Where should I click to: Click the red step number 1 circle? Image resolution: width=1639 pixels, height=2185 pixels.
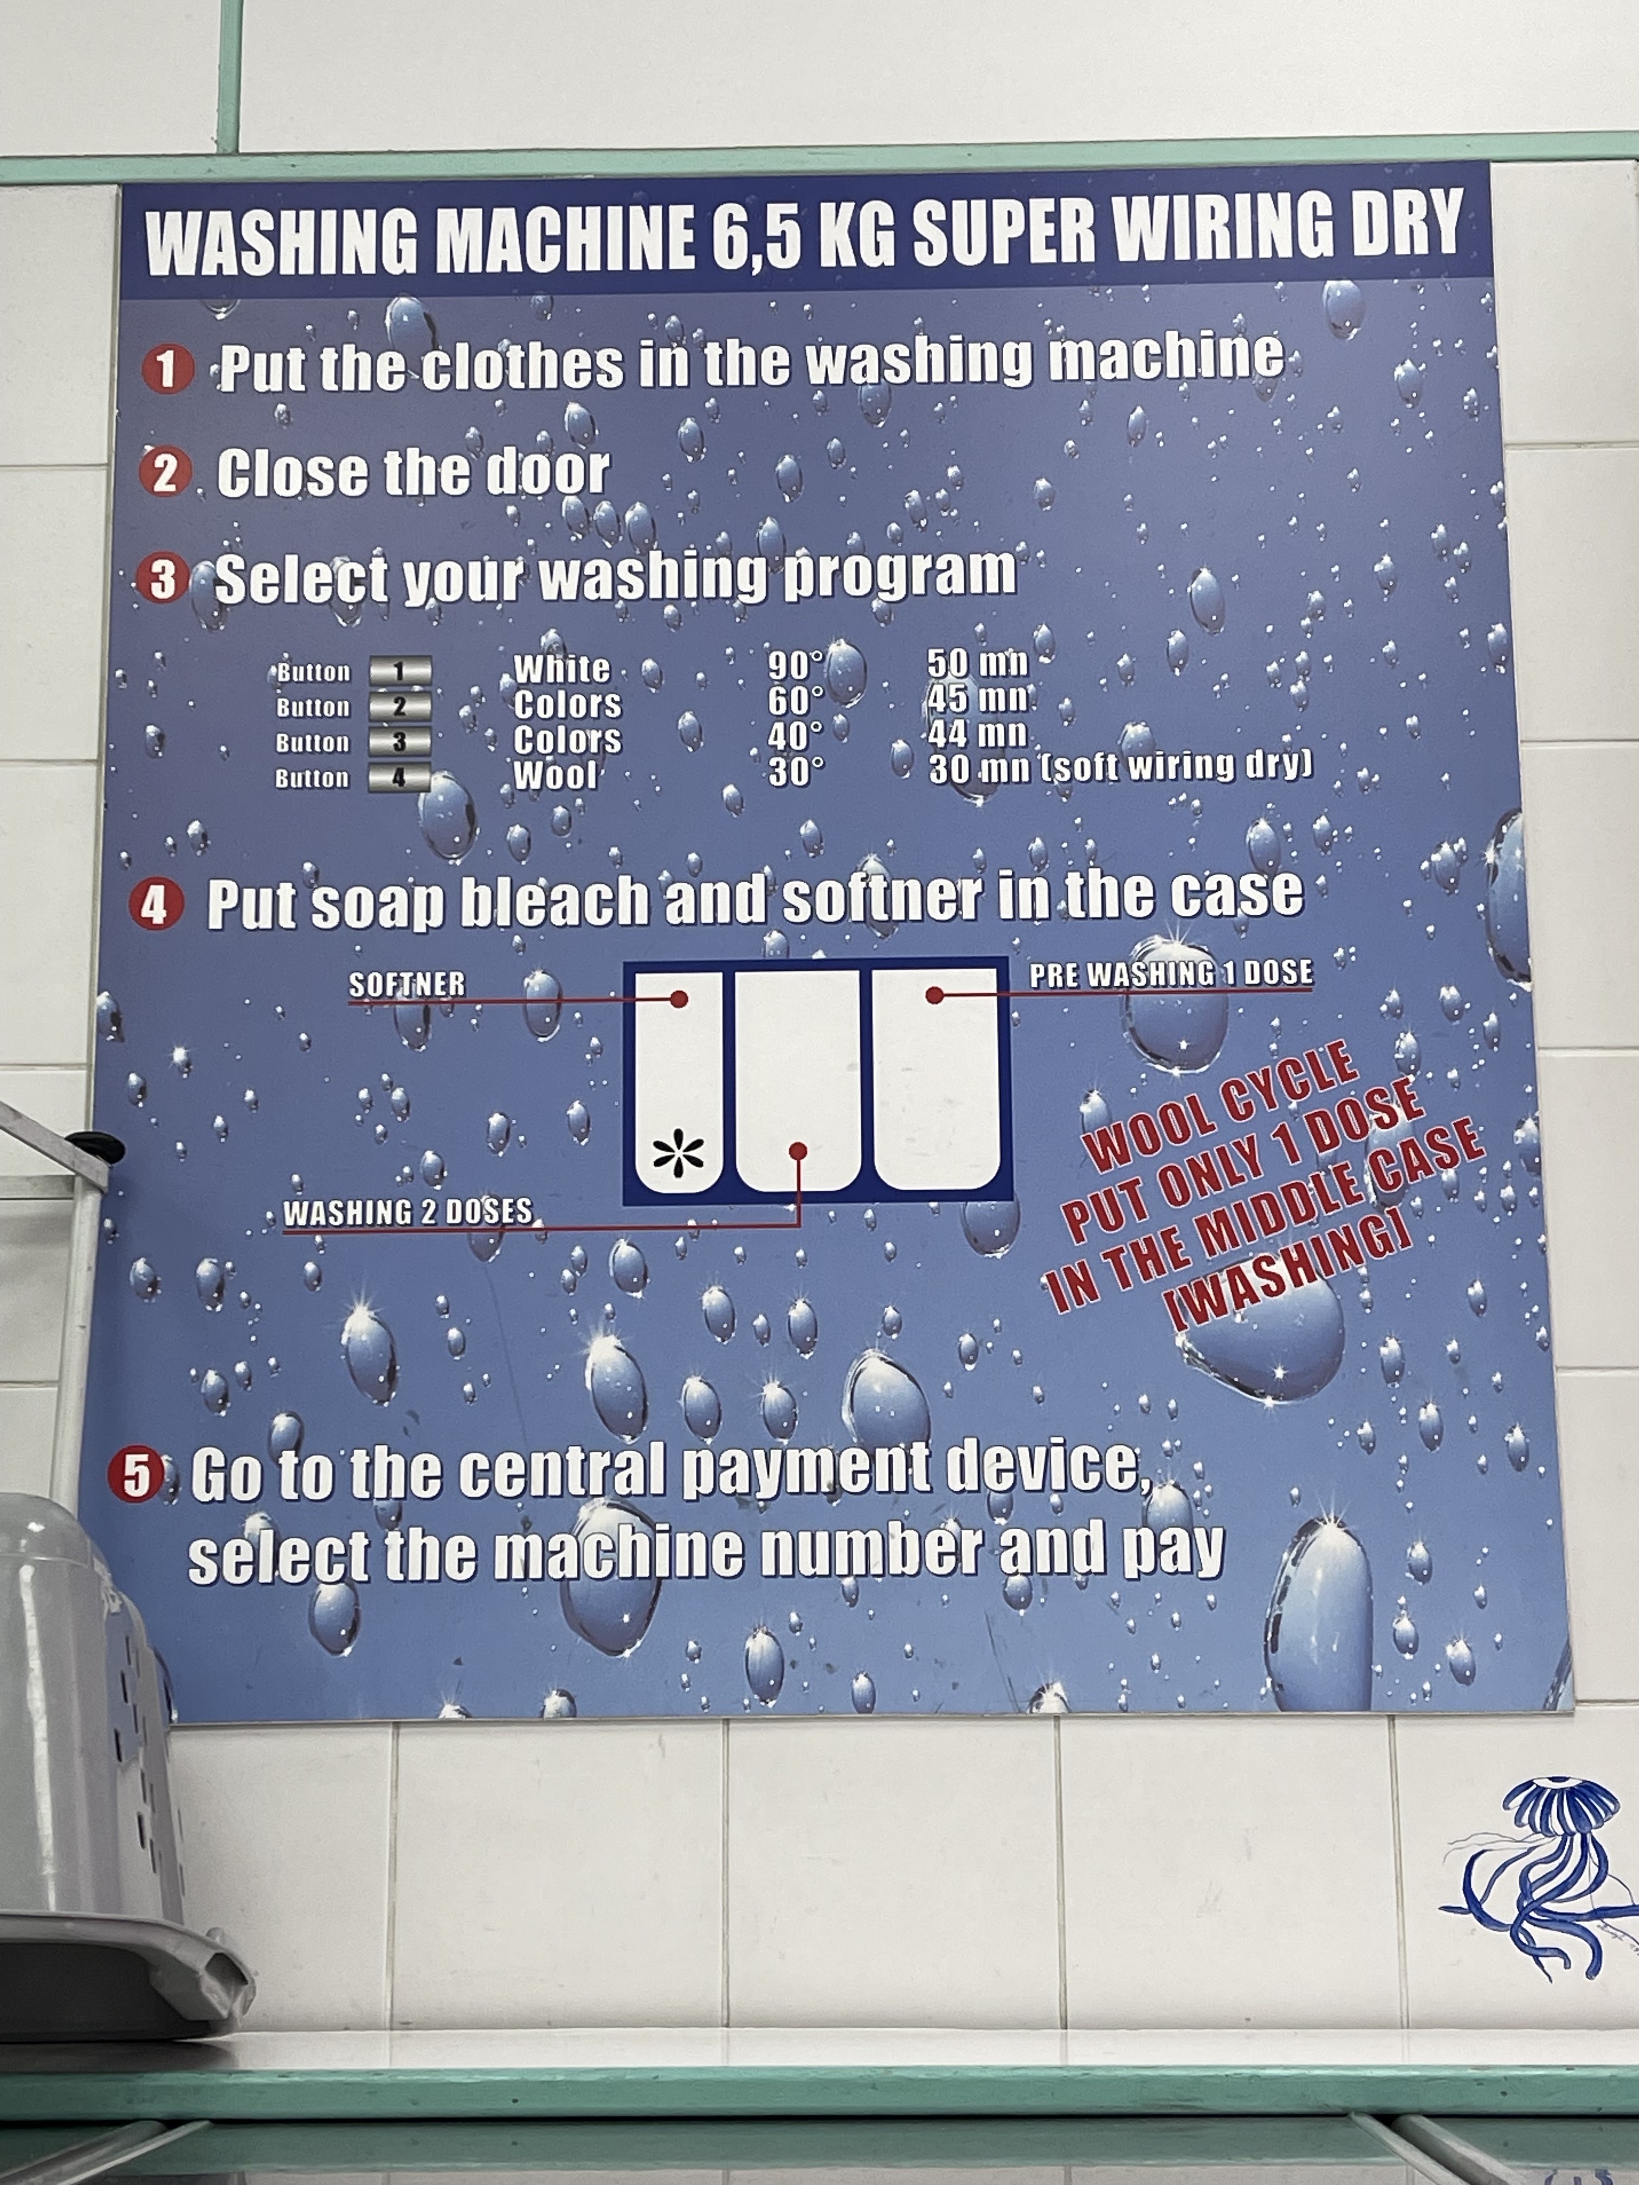pyautogui.click(x=167, y=370)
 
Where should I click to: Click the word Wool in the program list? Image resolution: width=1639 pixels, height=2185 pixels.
pyautogui.click(x=555, y=774)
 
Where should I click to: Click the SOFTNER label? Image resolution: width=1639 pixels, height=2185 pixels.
pyautogui.click(x=407, y=984)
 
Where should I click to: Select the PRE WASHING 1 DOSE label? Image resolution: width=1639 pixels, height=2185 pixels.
pyautogui.click(x=1171, y=974)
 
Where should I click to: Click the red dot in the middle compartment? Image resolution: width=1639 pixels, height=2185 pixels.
pyautogui.click(x=798, y=1151)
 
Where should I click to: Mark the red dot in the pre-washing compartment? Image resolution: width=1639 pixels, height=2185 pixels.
pyautogui.click(x=934, y=995)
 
